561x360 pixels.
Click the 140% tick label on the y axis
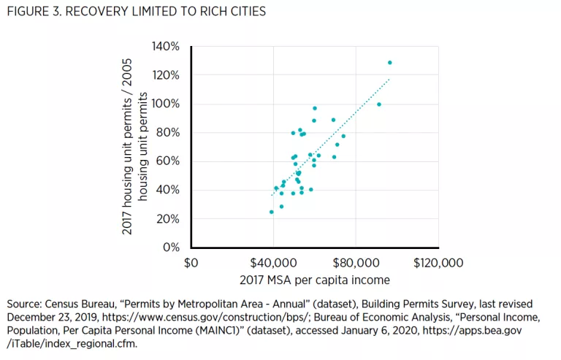pyautogui.click(x=166, y=47)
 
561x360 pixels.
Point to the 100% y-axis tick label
pyautogui.click(x=166, y=104)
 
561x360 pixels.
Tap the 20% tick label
pyautogui.click(x=169, y=219)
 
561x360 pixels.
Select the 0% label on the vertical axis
pyautogui.click(x=172, y=248)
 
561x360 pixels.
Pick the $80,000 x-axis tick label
pyautogui.click(x=355, y=262)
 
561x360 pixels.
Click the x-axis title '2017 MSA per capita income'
pyautogui.click(x=314, y=280)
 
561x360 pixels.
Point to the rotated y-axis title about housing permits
pyautogui.click(x=137, y=147)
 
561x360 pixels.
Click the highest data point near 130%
pyautogui.click(x=389, y=63)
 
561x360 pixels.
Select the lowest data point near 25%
pyautogui.click(x=272, y=212)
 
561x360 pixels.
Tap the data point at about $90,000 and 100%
pyautogui.click(x=378, y=104)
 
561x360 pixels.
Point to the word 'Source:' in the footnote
pyautogui.click(x=23, y=303)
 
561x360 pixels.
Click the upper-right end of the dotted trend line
pyautogui.click(x=390, y=78)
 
